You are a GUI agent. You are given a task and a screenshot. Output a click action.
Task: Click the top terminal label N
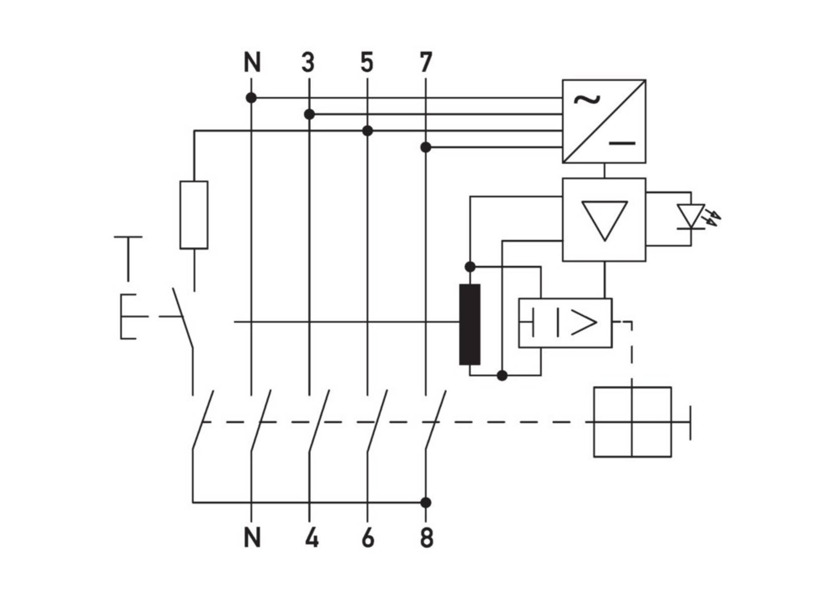(252, 63)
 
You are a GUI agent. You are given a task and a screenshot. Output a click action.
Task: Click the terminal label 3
(308, 63)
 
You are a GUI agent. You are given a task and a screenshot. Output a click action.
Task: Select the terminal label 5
(367, 63)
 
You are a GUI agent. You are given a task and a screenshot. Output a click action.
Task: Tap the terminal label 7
(426, 63)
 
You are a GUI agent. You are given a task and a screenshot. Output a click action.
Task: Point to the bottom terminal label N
(252, 538)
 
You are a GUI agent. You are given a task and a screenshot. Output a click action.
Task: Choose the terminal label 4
(311, 538)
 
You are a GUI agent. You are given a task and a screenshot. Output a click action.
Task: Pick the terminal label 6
(368, 538)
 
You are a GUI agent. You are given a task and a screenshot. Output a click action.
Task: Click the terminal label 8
(427, 538)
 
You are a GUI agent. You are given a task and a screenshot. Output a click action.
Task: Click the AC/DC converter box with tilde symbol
(604, 121)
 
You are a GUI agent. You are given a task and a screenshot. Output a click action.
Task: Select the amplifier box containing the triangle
(604, 220)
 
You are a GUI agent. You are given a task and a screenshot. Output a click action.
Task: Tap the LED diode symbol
(691, 216)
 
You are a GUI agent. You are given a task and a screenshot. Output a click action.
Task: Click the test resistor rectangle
(194, 215)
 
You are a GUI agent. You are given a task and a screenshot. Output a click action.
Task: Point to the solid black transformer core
(470, 324)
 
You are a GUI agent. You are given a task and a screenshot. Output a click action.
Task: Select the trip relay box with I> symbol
(565, 323)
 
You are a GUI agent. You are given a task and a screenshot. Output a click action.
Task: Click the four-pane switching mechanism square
(632, 422)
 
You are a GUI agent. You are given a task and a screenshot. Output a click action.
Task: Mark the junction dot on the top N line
(252, 98)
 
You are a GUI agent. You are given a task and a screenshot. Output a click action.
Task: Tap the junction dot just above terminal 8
(426, 502)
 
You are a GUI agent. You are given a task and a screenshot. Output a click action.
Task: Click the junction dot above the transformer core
(470, 266)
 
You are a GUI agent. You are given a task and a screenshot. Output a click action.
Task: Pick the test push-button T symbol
(128, 258)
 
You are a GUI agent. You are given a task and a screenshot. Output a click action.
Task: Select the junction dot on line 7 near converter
(426, 147)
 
